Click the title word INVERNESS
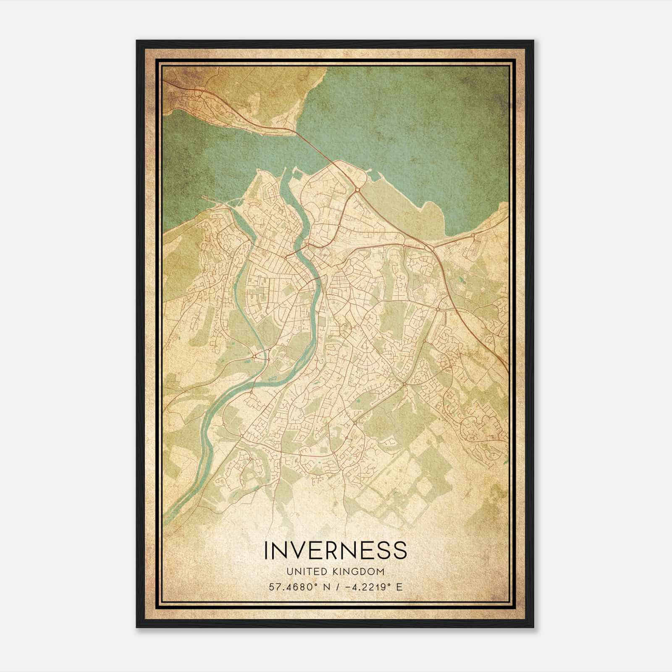335,550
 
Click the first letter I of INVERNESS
266,550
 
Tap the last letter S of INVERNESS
400,550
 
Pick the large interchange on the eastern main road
429,248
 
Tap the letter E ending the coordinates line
399,587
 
